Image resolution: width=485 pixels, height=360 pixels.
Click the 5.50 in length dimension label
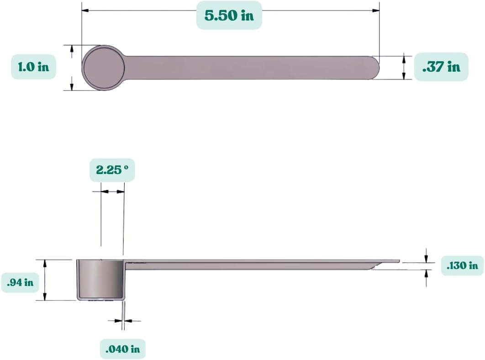[229, 15]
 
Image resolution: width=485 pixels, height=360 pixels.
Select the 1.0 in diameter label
[33, 67]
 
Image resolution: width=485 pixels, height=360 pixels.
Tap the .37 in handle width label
[441, 67]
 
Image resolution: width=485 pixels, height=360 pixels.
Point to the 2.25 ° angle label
[112, 170]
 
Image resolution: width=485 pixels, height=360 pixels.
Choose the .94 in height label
[20, 282]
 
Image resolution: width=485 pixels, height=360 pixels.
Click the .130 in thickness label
[463, 265]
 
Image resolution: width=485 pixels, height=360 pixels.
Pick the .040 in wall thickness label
[122, 349]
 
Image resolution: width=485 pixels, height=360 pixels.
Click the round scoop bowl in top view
[104, 68]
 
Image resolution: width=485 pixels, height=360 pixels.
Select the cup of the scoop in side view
[100, 279]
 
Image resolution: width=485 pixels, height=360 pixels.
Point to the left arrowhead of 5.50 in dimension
[85, 10]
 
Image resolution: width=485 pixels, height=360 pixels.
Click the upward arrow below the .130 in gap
[427, 272]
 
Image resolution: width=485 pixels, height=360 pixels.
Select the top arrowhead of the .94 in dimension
[45, 262]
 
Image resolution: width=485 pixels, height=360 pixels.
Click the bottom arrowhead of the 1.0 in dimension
[72, 87]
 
